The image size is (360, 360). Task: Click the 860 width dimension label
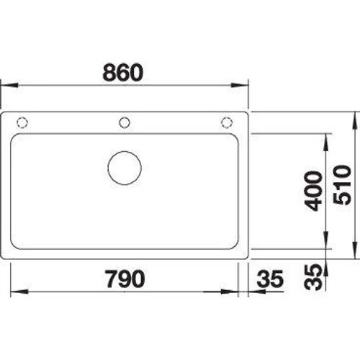[123, 72]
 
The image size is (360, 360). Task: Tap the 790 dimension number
[125, 279]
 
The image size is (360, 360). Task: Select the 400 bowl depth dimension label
[312, 191]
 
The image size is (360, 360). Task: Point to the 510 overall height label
[342, 185]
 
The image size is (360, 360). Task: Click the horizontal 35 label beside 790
[270, 279]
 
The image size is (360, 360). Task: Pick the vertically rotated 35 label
[312, 276]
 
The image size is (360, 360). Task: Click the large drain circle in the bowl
[125, 168]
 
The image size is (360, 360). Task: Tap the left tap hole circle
[22, 122]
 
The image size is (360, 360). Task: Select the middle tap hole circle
[125, 122]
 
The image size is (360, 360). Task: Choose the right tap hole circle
[227, 122]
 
